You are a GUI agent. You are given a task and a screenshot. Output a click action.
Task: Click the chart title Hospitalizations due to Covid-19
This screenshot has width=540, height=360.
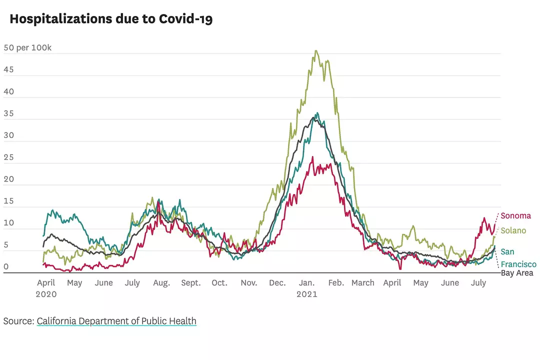click(111, 19)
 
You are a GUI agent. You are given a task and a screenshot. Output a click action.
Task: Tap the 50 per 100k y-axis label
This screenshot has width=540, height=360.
click(27, 48)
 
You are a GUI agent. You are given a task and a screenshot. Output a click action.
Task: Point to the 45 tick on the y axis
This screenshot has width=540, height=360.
click(8, 70)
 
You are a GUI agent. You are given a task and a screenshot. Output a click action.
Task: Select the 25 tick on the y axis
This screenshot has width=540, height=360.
click(8, 157)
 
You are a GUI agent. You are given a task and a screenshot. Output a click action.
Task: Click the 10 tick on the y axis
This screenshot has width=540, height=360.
click(8, 223)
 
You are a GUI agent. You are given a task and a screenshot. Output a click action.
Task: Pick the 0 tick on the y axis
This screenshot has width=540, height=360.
click(6, 267)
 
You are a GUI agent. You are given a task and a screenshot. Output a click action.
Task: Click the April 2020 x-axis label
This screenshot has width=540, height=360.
click(46, 288)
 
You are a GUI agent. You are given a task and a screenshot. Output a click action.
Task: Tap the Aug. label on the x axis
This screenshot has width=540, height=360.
click(161, 283)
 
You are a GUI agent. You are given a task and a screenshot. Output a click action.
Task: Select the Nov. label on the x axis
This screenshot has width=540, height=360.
click(248, 283)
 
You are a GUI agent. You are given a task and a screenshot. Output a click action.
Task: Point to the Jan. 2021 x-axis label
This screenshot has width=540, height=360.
click(307, 288)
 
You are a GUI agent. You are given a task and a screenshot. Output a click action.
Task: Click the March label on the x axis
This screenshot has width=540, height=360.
click(362, 283)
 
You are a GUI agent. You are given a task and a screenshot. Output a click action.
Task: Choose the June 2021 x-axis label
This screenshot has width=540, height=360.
click(449, 283)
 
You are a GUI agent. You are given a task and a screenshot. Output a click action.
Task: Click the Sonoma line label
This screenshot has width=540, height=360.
click(515, 216)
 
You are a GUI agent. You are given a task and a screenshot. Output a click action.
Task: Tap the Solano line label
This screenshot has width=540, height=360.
click(513, 230)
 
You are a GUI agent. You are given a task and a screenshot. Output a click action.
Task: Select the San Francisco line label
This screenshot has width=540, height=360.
click(518, 258)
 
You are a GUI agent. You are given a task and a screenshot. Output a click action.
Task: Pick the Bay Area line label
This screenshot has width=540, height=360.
click(517, 273)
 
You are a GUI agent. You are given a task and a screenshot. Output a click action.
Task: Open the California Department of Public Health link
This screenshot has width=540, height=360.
click(116, 321)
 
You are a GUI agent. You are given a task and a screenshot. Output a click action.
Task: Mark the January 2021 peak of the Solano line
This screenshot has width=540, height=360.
click(315, 50)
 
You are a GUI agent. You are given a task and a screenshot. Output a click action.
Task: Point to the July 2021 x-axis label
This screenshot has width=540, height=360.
click(478, 283)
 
